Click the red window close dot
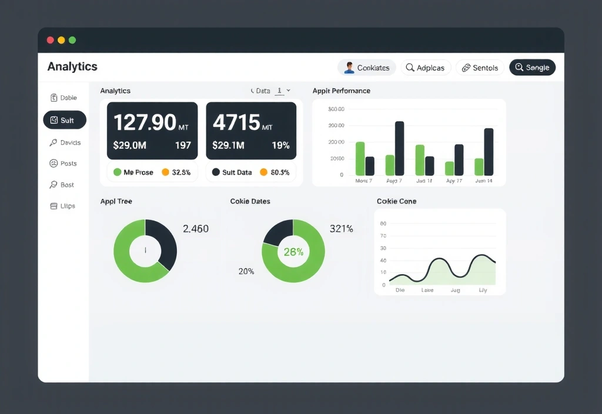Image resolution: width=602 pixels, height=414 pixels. (50, 40)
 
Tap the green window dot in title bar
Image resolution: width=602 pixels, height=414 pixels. (72, 40)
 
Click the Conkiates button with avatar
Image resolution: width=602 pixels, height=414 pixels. (366, 68)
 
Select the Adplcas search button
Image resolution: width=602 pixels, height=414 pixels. (426, 68)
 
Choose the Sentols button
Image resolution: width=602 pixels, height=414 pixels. (480, 68)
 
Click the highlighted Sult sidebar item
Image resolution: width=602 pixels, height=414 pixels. (65, 120)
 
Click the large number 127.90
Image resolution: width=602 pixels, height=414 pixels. (145, 122)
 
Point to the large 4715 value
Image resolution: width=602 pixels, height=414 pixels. (236, 122)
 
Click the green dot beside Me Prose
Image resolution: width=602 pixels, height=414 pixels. (117, 172)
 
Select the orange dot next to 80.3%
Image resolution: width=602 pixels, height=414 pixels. (263, 172)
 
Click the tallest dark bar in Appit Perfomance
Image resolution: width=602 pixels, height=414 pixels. (399, 148)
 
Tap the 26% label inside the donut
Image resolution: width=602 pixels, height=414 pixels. (293, 252)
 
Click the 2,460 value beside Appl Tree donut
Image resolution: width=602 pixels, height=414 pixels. (196, 229)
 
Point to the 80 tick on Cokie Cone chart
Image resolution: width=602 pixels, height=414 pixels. (383, 223)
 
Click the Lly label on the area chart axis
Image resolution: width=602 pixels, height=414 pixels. (483, 290)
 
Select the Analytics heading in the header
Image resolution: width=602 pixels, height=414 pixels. (72, 66)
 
